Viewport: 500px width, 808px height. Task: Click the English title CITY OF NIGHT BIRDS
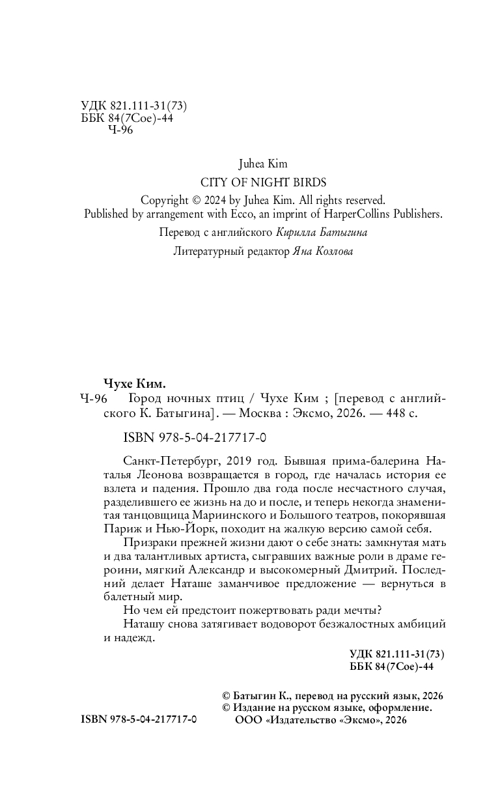tap(263, 182)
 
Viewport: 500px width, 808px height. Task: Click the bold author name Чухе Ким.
tap(131, 382)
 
